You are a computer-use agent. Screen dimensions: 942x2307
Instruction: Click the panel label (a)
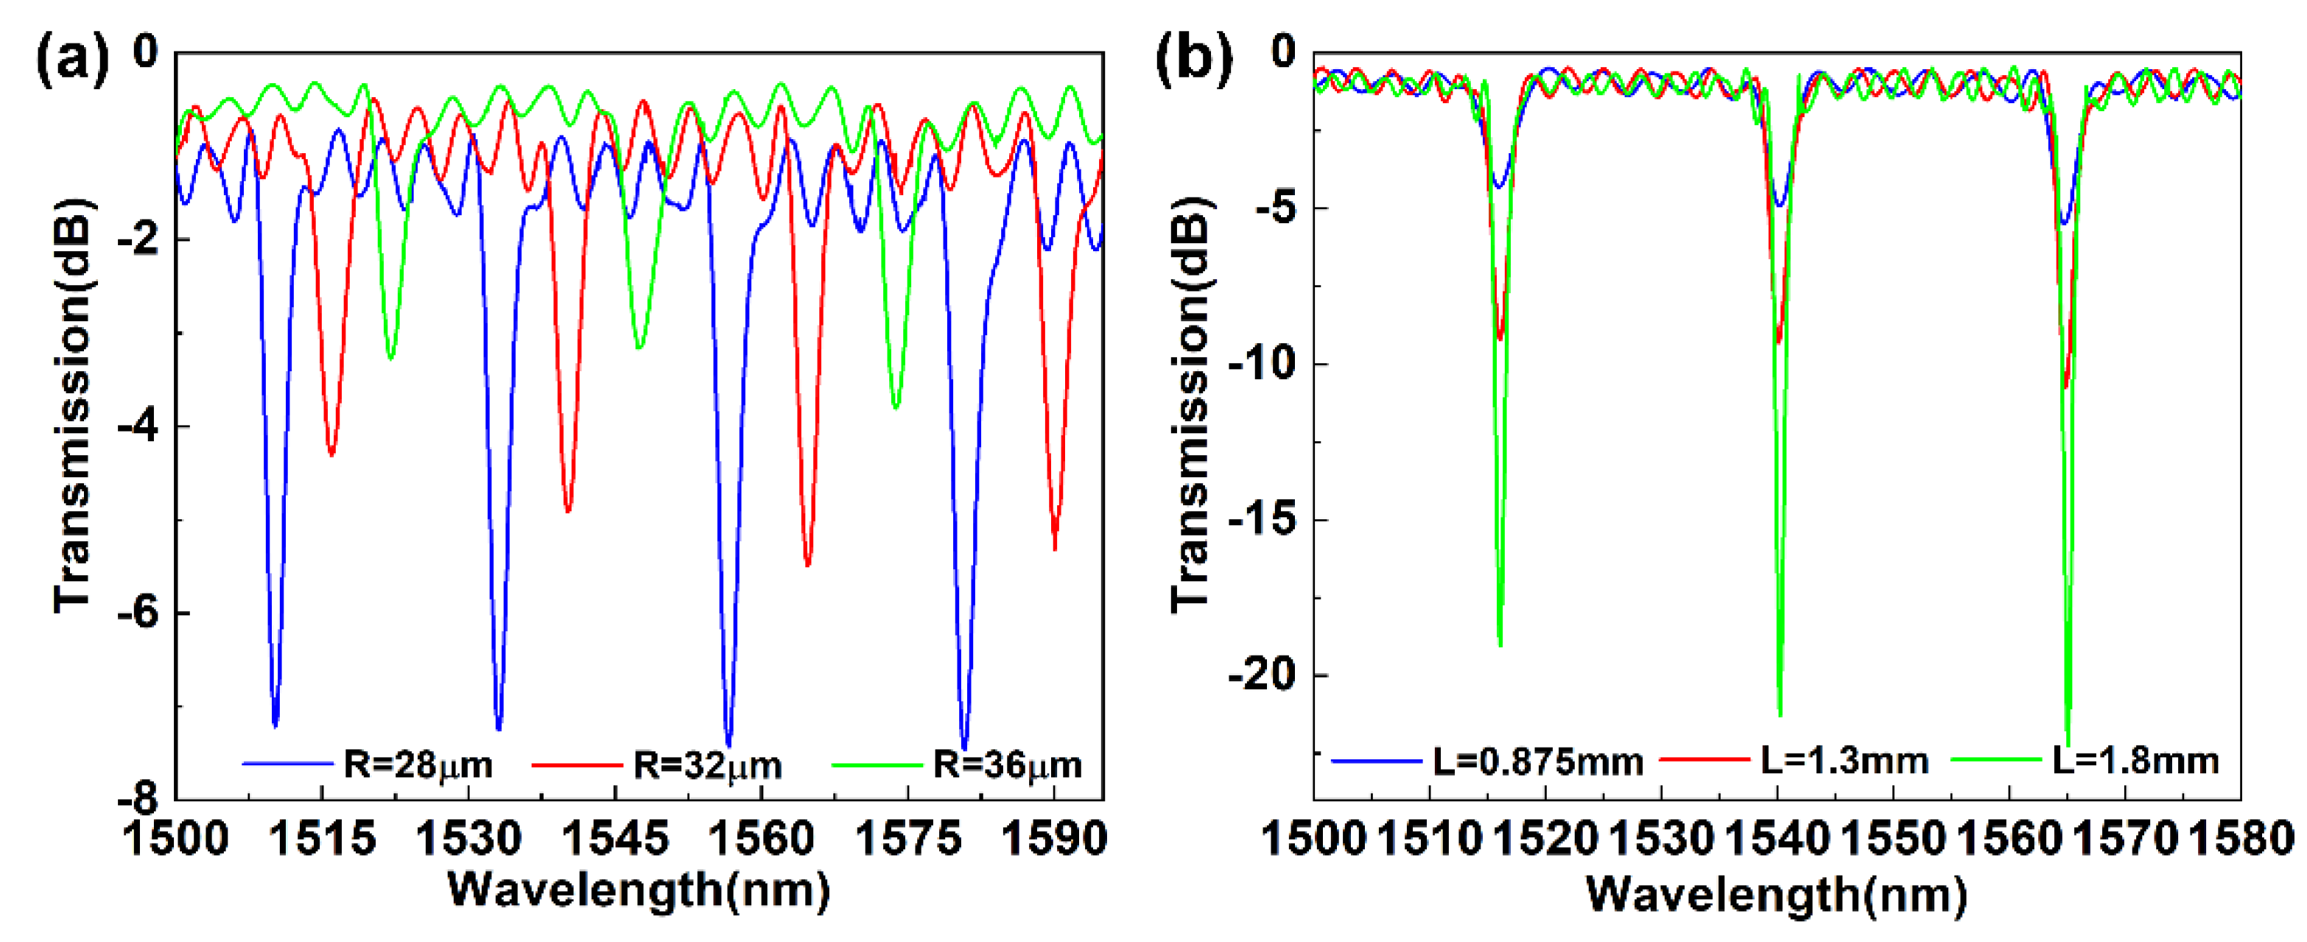click(x=71, y=61)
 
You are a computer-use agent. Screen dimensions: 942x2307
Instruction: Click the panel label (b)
click(x=1194, y=61)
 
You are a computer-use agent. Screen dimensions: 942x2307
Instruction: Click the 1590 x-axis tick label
click(x=1054, y=839)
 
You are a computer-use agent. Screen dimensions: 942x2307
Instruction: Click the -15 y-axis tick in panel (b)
click(x=1263, y=520)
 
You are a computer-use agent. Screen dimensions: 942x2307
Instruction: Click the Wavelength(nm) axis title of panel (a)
click(x=639, y=891)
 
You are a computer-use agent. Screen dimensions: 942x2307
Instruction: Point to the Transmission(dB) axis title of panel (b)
click(x=1190, y=405)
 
